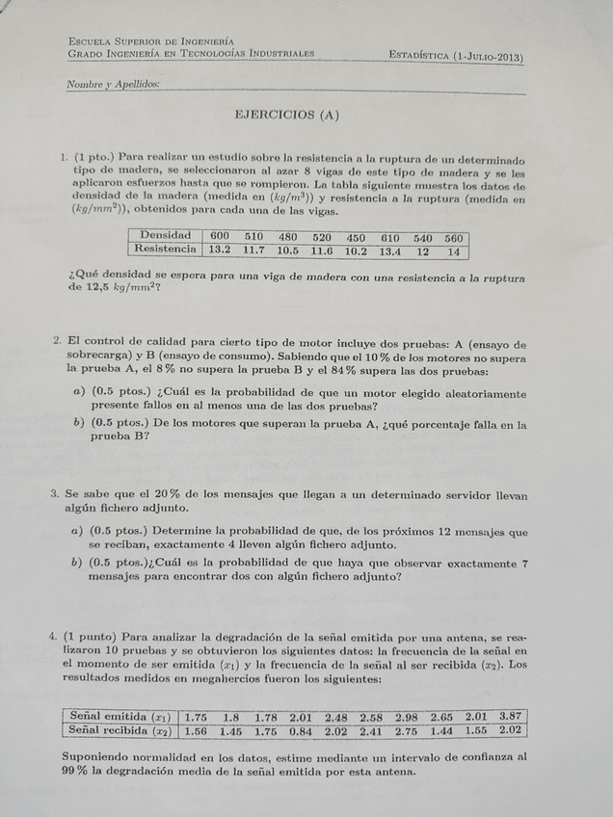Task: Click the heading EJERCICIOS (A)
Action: tap(287, 115)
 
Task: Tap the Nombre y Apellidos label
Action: tap(113, 85)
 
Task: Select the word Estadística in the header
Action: tap(418, 57)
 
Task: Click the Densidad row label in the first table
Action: tap(165, 236)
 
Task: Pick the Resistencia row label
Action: tap(165, 250)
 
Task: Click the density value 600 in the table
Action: tap(220, 237)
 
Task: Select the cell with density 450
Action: tap(356, 238)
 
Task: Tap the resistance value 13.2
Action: tap(220, 250)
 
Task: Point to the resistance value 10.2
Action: tap(356, 251)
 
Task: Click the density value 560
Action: tap(453, 239)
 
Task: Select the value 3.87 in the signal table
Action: tap(510, 717)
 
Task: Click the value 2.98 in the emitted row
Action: tap(406, 717)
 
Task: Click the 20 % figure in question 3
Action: tap(155, 494)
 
